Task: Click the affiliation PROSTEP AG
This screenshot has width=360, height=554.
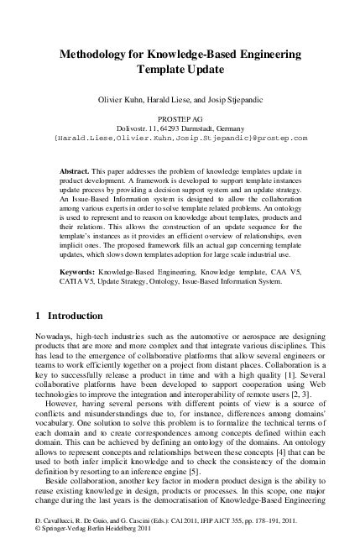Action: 180,120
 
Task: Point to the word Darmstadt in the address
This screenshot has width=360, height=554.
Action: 195,128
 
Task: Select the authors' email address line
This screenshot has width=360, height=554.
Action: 180,138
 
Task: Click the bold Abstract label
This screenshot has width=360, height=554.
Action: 77,170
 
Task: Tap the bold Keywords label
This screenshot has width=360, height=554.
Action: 81,273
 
